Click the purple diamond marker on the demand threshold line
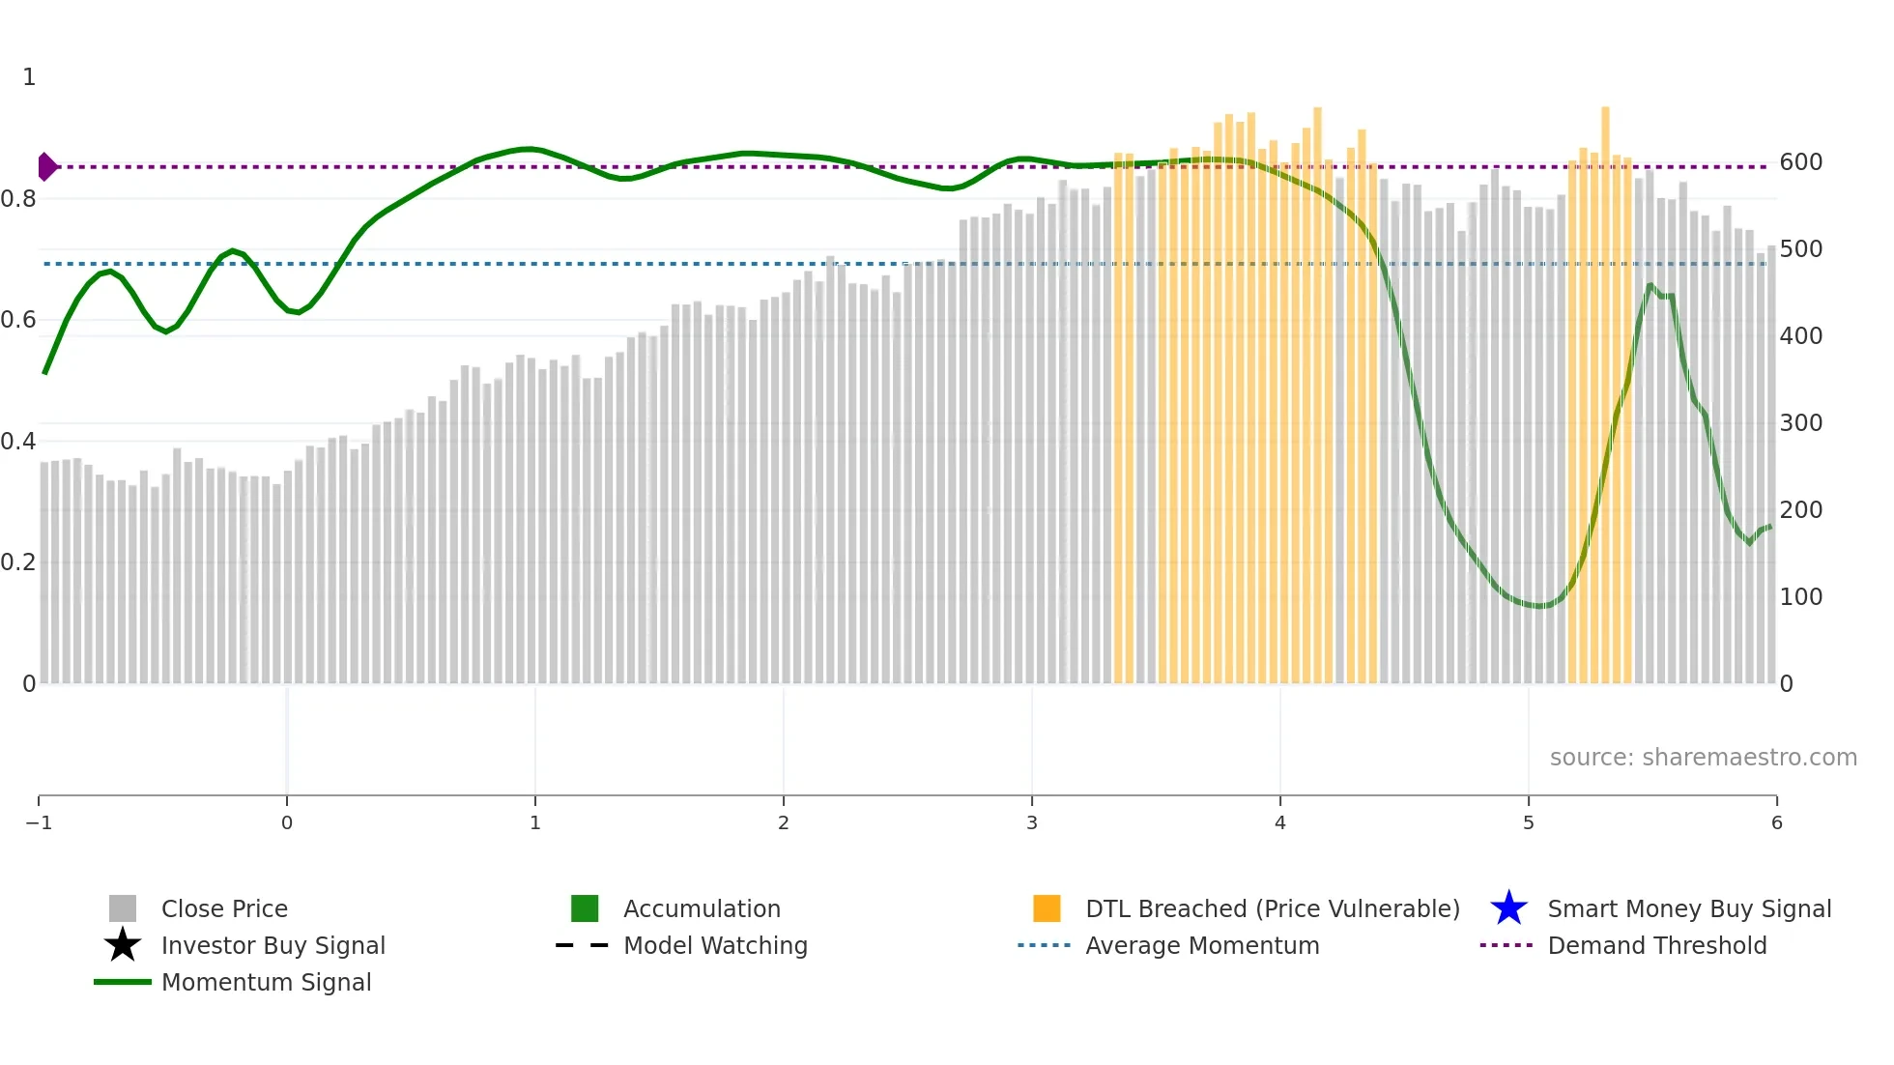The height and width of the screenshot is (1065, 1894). pos(46,167)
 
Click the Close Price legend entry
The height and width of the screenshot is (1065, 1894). pos(223,908)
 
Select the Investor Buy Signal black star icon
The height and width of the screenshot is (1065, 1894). pos(123,945)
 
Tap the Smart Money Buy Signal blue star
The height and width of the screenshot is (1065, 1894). pos(1508,908)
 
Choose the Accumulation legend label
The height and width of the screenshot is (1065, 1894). pos(702,908)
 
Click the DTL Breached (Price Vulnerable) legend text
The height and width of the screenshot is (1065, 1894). pos(1272,908)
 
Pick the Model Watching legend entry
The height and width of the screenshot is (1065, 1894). pos(715,945)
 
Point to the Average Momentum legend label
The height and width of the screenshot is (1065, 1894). pos(1202,945)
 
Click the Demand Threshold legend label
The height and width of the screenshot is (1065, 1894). pos(1656,945)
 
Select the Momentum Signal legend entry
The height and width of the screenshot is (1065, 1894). pos(266,982)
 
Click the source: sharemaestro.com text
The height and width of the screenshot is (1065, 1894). pos(1703,757)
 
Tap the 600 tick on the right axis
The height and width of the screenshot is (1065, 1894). pos(1801,162)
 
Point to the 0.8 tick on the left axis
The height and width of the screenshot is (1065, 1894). pos(18,199)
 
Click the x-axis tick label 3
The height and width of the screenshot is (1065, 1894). pos(1032,822)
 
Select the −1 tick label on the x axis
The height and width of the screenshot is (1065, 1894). pos(39,822)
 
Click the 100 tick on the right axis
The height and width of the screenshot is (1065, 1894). pos(1801,597)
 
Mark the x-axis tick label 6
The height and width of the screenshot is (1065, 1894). pos(1776,822)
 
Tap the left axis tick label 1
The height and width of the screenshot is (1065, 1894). pos(29,77)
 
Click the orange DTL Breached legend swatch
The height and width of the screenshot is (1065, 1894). pos(1047,908)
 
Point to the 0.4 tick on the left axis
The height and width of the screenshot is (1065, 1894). pos(18,442)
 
